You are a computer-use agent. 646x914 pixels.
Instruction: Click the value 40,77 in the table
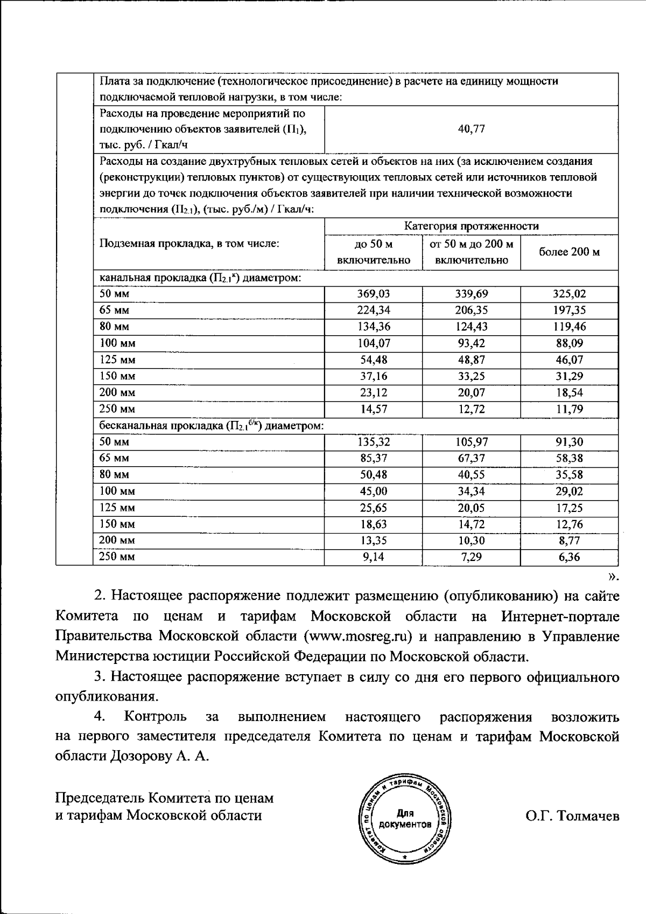(x=471, y=129)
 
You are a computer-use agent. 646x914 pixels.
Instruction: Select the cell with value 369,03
(x=374, y=294)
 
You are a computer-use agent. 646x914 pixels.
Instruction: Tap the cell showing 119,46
(x=570, y=327)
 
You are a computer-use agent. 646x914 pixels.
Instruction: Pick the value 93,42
(x=471, y=343)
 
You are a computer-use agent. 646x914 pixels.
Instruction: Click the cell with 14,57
(x=374, y=409)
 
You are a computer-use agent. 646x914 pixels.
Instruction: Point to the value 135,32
(x=374, y=442)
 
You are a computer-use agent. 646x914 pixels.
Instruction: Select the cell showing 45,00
(x=374, y=491)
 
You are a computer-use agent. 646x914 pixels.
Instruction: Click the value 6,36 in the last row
(x=570, y=557)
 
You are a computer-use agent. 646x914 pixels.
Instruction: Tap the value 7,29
(x=471, y=557)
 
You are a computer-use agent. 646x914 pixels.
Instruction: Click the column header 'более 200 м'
(x=570, y=252)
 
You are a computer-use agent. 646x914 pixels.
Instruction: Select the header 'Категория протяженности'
(x=471, y=226)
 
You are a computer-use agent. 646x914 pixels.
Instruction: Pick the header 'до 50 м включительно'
(x=374, y=252)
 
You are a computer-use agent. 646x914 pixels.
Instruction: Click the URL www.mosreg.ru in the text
(x=357, y=636)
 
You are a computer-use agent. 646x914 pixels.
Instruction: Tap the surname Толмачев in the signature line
(x=588, y=816)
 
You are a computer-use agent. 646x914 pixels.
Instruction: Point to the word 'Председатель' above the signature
(x=100, y=798)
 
